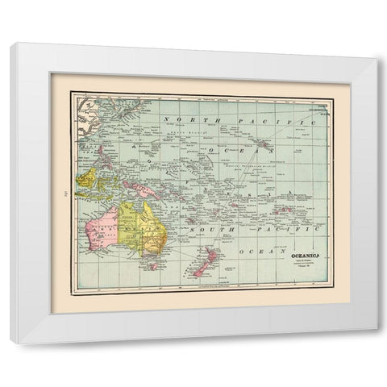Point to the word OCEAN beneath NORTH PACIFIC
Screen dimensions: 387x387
coord(251,145)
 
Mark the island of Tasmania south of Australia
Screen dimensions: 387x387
coord(153,264)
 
